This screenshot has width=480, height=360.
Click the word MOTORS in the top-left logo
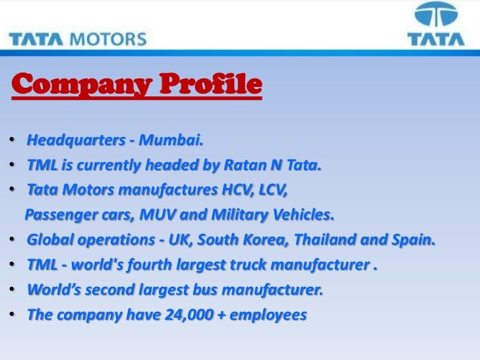point(109,37)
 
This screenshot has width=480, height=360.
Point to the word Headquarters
point(73,140)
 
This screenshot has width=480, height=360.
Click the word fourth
point(158,265)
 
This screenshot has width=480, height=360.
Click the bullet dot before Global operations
point(13,241)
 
